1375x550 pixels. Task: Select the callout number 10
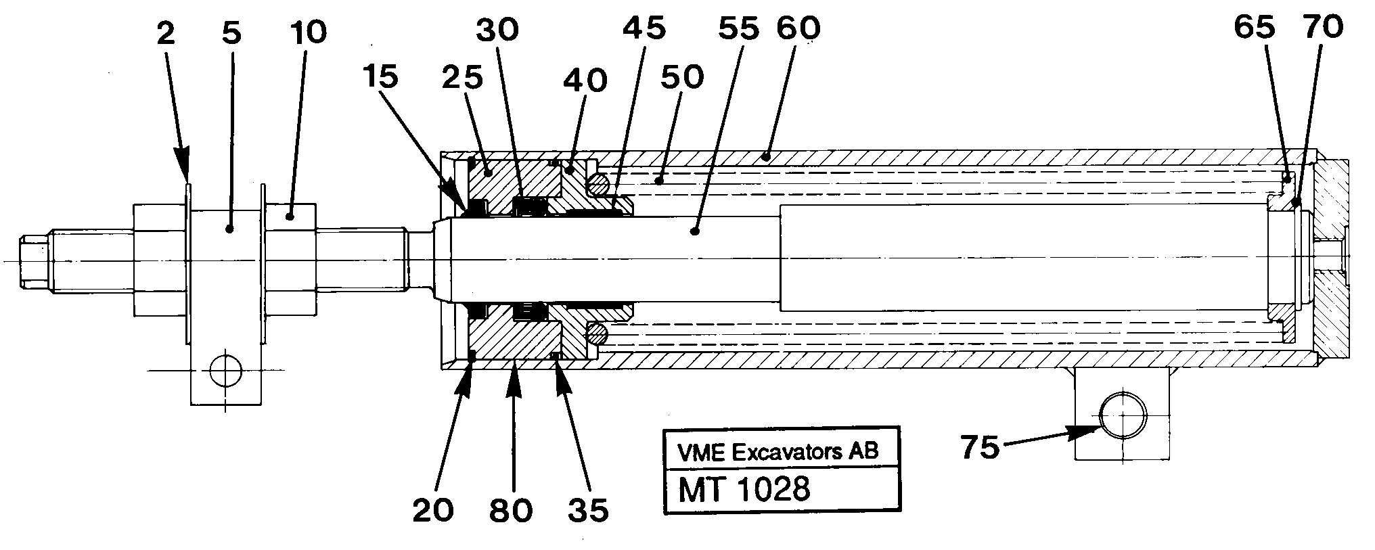[x=308, y=32]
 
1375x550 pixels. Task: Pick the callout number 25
[x=463, y=78]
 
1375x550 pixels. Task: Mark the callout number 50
[x=681, y=77]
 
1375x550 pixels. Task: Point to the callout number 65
[x=1254, y=28]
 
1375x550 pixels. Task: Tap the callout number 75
[x=980, y=447]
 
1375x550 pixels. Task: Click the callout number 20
[x=433, y=510]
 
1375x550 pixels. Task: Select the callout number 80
[x=511, y=510]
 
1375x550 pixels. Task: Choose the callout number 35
[x=588, y=510]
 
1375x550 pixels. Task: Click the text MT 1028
[x=744, y=488]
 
